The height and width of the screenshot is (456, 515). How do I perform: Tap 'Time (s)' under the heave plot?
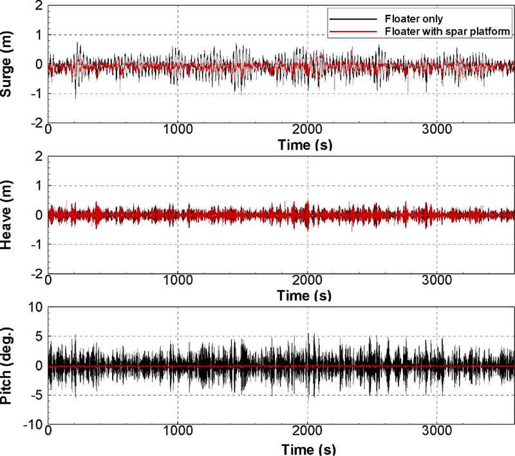coord(306,296)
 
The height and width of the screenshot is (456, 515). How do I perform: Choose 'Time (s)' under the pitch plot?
coord(306,448)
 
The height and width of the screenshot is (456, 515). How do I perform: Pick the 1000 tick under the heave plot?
coord(178,281)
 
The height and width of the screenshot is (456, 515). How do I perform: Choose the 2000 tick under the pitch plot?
coord(308,433)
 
